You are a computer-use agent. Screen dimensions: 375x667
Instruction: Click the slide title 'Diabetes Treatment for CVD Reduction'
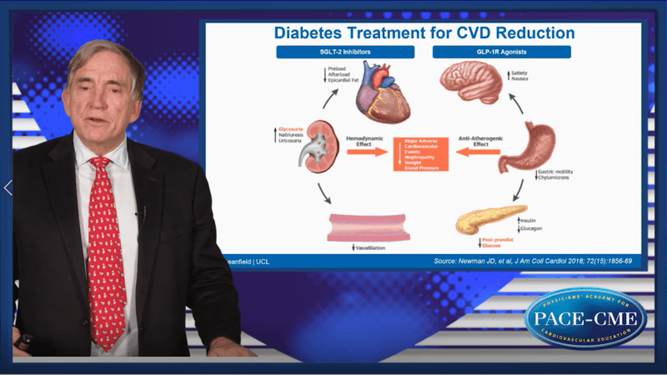[x=424, y=32]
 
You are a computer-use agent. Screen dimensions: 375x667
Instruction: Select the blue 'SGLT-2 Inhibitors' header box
[x=345, y=52]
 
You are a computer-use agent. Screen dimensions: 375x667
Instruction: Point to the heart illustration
[x=383, y=90]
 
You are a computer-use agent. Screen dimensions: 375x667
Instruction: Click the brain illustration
[x=471, y=82]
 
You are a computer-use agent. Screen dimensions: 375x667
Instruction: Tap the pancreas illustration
[x=490, y=219]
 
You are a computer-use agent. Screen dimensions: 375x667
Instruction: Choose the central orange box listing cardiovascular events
[x=420, y=154]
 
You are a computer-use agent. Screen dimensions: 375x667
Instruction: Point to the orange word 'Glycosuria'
[x=291, y=128]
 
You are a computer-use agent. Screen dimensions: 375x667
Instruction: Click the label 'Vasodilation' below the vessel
[x=370, y=248]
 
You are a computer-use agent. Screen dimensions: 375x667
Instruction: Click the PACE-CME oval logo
[x=586, y=318]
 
